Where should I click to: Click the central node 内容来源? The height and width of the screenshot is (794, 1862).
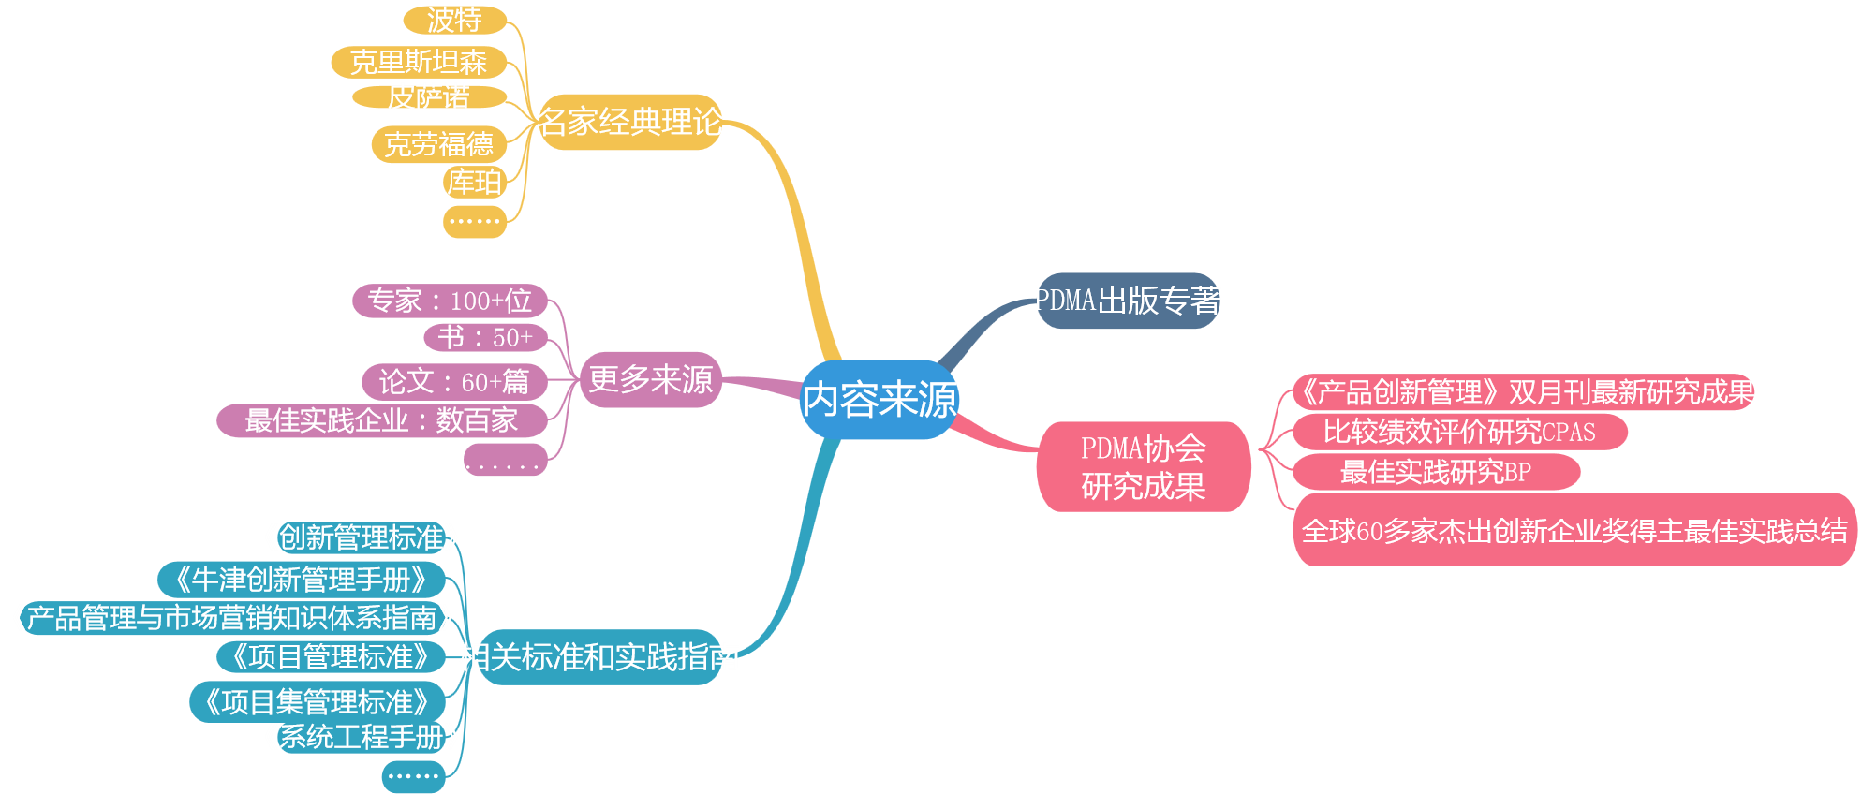[x=879, y=400]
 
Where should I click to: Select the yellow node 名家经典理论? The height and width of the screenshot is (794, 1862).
[x=630, y=122]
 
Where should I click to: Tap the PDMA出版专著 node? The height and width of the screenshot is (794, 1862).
[x=1128, y=301]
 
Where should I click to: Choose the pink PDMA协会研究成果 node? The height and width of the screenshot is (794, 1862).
[x=1143, y=466]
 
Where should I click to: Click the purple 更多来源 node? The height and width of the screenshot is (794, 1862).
[x=650, y=379]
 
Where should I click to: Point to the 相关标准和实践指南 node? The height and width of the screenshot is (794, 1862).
[x=599, y=656]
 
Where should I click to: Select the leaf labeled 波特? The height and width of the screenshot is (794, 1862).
[x=455, y=20]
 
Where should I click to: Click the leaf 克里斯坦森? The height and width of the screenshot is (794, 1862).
[x=419, y=63]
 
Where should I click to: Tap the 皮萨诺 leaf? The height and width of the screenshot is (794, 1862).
[x=429, y=96]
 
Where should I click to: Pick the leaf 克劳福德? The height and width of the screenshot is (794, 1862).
[x=438, y=144]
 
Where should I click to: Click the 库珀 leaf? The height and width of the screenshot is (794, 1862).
[x=475, y=182]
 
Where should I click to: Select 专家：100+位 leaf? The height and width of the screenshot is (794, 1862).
[x=450, y=301]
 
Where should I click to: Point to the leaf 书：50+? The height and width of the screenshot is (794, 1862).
[x=485, y=337]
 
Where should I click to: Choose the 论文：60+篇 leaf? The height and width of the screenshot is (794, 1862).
[x=454, y=382]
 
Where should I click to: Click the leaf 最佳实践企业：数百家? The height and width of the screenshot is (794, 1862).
[x=381, y=420]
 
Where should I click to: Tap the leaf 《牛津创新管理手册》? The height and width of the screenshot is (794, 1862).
[x=301, y=580]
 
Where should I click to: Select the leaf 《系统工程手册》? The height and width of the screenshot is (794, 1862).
[x=362, y=737]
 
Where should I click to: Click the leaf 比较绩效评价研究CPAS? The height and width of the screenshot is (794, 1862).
[x=1459, y=432]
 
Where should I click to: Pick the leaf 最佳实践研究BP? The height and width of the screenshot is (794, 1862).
[x=1436, y=472]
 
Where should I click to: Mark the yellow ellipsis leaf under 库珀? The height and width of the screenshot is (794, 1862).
[x=475, y=222]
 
